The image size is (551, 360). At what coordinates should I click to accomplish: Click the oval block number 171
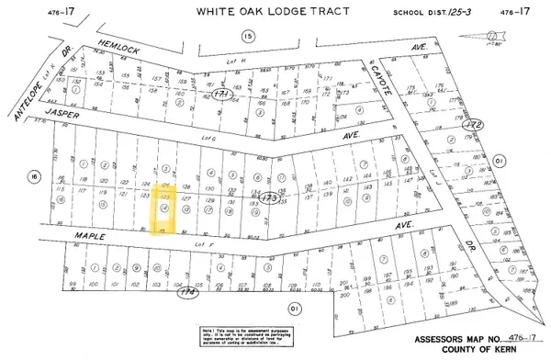[219, 95]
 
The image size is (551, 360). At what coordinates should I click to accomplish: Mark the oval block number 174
[189, 293]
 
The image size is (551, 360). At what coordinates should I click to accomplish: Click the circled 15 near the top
[246, 35]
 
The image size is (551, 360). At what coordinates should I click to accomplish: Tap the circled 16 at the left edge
[35, 175]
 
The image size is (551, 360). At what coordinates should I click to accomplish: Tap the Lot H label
[232, 62]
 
